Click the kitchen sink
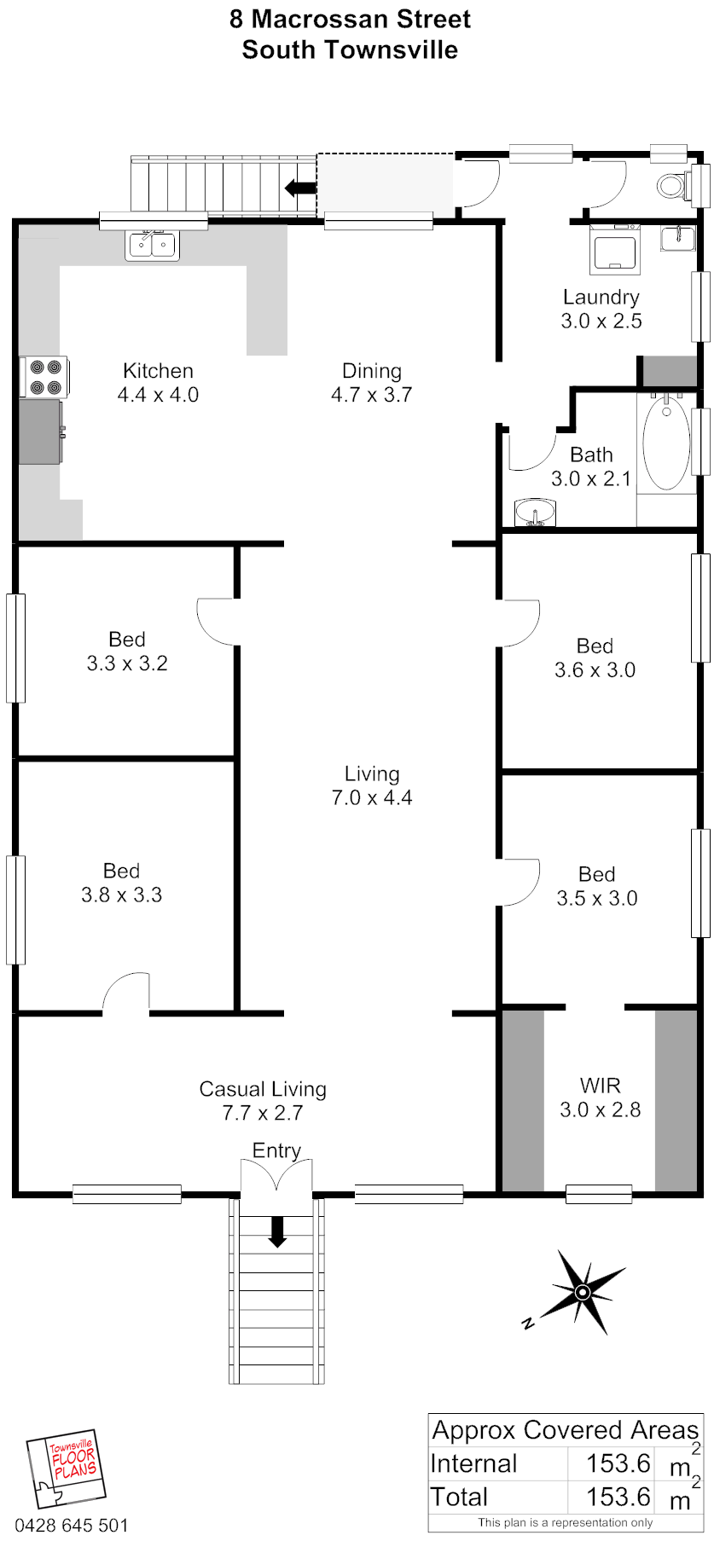click(x=153, y=245)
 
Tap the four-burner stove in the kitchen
click(x=44, y=377)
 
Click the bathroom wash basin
click(x=535, y=513)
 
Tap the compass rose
click(x=582, y=1291)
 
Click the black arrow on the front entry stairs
click(x=277, y=1231)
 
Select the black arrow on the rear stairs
click(x=300, y=188)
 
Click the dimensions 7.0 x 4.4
click(x=372, y=798)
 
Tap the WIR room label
click(x=601, y=1086)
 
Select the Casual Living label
click(x=263, y=1089)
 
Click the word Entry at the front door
click(x=276, y=1151)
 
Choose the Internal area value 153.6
click(x=618, y=1463)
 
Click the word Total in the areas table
click(x=459, y=1497)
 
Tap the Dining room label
click(x=372, y=371)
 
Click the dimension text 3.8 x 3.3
click(x=121, y=895)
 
